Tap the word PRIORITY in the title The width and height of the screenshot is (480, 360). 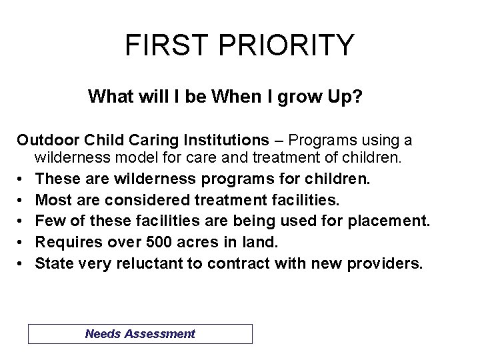[284, 45]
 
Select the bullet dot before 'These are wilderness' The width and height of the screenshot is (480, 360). [21, 179]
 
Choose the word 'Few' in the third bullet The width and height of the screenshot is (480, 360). [48, 221]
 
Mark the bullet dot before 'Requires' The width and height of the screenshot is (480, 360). [21, 243]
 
